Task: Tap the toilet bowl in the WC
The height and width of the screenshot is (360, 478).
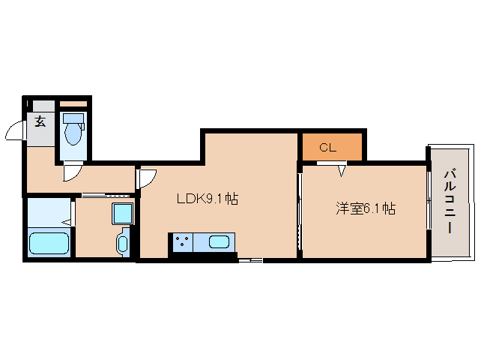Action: [x=73, y=133]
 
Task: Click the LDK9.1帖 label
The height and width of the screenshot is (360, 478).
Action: [x=207, y=199]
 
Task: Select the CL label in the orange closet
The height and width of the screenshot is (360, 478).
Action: [x=327, y=147]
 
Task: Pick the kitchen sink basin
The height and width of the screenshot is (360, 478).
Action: [x=219, y=241]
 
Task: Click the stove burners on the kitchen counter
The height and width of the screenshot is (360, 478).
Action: [x=181, y=241]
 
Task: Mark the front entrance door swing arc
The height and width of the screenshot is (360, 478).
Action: [x=15, y=132]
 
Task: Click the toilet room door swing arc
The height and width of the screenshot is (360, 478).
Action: [x=73, y=172]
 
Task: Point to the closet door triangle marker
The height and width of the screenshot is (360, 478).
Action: [x=342, y=170]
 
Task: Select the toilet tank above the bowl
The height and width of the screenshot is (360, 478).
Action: [x=73, y=118]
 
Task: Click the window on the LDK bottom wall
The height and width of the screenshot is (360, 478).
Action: [x=250, y=260]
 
